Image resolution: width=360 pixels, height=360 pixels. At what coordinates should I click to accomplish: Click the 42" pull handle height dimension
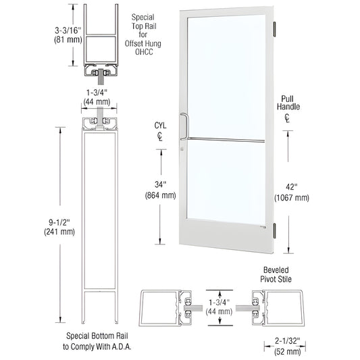click(292, 186)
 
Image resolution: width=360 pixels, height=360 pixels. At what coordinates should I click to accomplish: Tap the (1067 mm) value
click(292, 197)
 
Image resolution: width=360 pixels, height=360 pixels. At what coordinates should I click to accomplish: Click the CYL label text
click(160, 125)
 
